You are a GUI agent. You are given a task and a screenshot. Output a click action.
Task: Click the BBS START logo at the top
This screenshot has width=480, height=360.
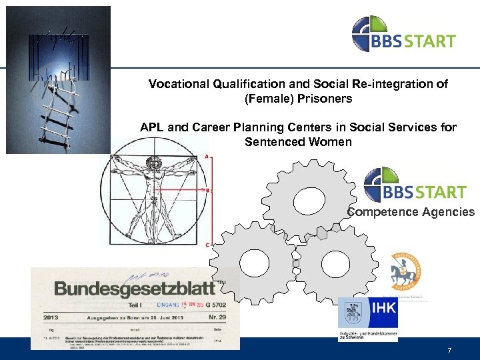pos(403,34)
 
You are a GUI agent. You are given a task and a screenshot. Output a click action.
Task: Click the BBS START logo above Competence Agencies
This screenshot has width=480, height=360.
pos(414,185)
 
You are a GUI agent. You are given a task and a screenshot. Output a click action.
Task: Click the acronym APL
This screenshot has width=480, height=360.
pos(153,127)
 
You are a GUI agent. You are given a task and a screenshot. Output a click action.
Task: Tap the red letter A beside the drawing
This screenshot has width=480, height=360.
pos(208,157)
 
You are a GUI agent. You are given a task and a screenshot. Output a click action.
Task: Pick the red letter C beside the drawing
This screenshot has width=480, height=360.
pos(208,245)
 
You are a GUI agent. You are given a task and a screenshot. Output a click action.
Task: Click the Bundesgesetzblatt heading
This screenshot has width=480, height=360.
pos(135,288)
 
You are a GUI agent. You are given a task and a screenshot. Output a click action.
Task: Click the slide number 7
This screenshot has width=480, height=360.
pos(449,350)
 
